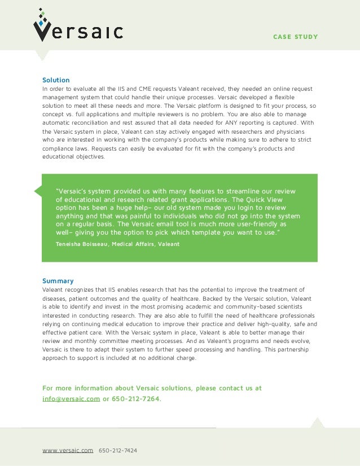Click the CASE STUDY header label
point(295,37)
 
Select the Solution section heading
point(56,80)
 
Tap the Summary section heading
point(58,281)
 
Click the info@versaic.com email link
point(71,399)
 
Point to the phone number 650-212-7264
point(135,399)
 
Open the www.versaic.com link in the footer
point(68,451)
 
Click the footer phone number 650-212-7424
point(118,451)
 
